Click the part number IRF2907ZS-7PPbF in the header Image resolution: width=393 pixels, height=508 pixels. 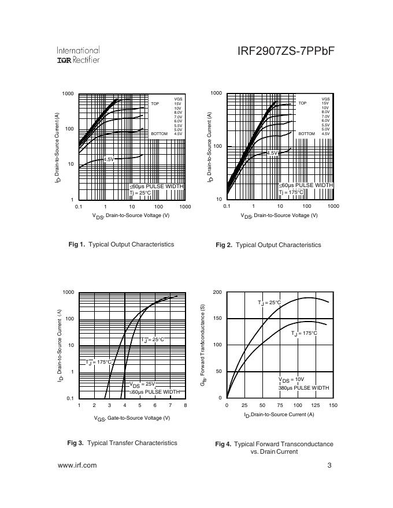286,51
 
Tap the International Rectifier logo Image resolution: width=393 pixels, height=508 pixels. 78,55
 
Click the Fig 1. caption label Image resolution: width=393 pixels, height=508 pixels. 77,244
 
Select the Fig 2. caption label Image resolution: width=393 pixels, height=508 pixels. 224,245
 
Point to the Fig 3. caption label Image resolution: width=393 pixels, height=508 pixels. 75,443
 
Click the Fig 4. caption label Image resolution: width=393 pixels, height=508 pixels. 223,444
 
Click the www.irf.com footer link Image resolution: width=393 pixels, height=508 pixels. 77,465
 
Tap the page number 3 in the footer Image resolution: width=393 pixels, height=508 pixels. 329,465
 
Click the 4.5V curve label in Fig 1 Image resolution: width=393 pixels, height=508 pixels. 109,159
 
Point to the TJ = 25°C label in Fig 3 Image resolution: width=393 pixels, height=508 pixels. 153,339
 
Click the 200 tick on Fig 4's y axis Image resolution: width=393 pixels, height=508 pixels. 217,293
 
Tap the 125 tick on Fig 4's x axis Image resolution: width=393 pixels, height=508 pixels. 316,405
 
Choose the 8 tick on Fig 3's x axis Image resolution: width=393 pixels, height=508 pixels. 186,405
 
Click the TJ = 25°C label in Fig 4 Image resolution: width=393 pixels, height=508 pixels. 269,302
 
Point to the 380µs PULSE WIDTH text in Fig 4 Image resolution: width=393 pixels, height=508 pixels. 303,388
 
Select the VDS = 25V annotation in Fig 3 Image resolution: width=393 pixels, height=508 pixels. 142,384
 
